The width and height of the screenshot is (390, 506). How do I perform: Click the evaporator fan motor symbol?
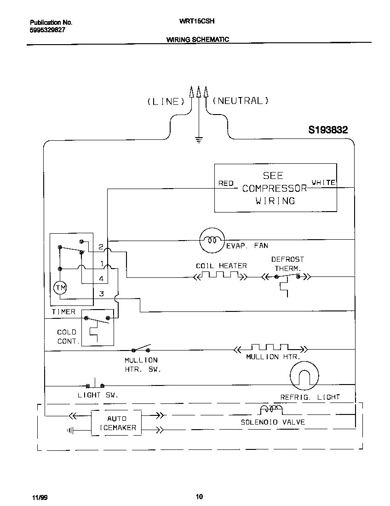pyautogui.click(x=212, y=241)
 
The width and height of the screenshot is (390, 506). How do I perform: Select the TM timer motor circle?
pyautogui.click(x=60, y=288)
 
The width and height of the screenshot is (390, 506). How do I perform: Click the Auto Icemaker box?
pyautogui.click(x=116, y=423)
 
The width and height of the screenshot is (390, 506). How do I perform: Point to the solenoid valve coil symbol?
pyautogui.click(x=271, y=409)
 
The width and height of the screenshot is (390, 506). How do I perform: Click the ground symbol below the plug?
pyautogui.click(x=199, y=139)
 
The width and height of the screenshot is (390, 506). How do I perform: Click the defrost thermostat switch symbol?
pyautogui.click(x=287, y=277)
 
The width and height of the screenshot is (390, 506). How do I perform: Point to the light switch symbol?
pyautogui.click(x=95, y=385)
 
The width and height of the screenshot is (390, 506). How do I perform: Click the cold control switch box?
pyautogui.click(x=97, y=328)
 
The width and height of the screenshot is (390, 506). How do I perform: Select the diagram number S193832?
pyautogui.click(x=328, y=130)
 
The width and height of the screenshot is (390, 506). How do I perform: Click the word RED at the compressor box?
pyautogui.click(x=226, y=183)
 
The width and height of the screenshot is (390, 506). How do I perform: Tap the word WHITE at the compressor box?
pyautogui.click(x=324, y=183)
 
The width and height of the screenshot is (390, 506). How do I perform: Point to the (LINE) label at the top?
pyautogui.click(x=166, y=102)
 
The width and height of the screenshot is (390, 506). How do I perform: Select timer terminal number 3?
pyautogui.click(x=102, y=293)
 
